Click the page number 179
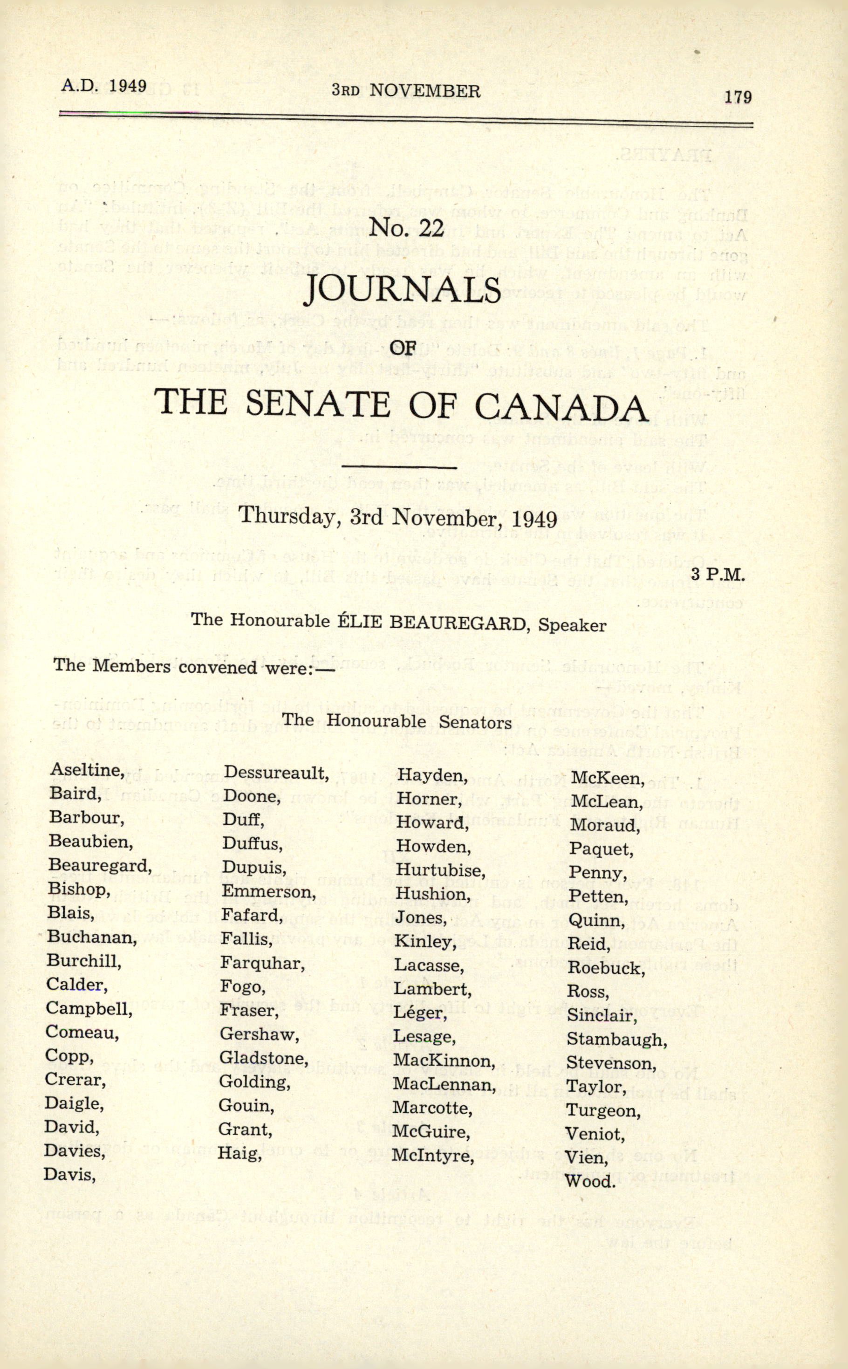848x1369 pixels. pyautogui.click(x=738, y=97)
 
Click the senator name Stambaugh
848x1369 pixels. pyautogui.click(x=616, y=1039)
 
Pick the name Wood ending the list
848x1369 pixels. pyautogui.click(x=590, y=1181)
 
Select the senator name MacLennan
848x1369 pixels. pyautogui.click(x=444, y=1085)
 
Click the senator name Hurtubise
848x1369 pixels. pyautogui.click(x=440, y=870)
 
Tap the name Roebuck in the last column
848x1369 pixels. pyautogui.click(x=606, y=968)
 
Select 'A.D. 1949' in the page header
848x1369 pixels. pyautogui.click(x=104, y=86)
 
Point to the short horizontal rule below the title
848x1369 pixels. pyautogui.click(x=399, y=465)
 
